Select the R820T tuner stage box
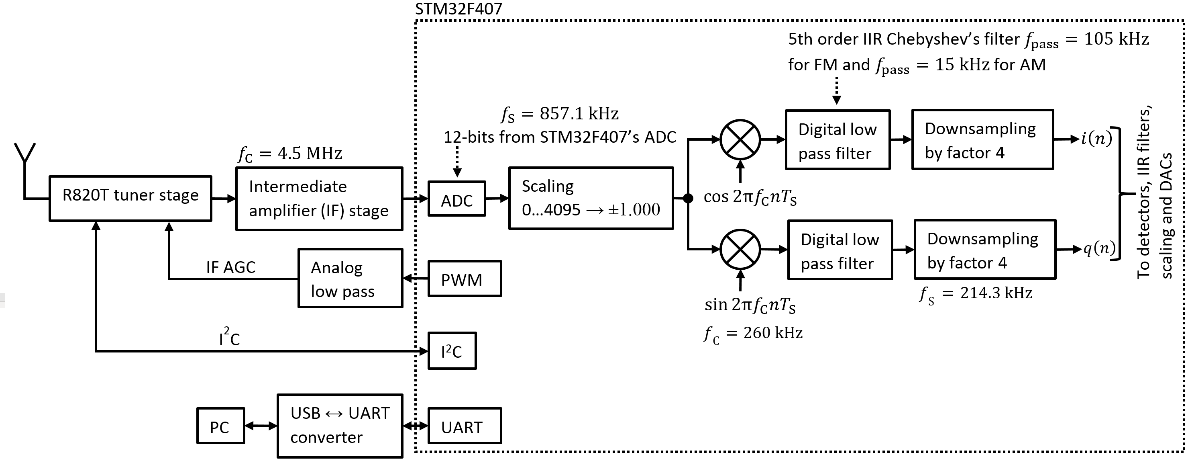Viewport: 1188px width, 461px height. (x=130, y=199)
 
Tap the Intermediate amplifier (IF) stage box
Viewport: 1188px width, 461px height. (x=319, y=199)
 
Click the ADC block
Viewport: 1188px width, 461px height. (x=456, y=199)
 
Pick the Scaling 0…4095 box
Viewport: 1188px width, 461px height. (x=591, y=198)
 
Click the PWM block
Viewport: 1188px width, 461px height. (x=465, y=278)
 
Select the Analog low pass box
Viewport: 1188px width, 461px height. (x=350, y=278)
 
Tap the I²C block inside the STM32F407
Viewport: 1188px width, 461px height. (x=452, y=351)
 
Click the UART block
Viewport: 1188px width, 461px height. (x=465, y=426)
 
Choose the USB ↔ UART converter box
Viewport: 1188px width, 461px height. (x=340, y=426)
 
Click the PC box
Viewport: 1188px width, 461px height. (x=220, y=426)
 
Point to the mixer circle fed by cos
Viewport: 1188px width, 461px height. (x=740, y=139)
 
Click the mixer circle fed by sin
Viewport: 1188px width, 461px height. (x=740, y=249)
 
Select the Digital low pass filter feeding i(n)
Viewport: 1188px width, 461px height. (x=838, y=140)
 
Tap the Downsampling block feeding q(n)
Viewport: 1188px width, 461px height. (x=985, y=250)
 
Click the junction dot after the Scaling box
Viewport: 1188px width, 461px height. (x=688, y=199)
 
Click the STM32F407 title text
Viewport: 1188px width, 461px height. (x=458, y=8)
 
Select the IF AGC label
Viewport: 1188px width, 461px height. (x=230, y=267)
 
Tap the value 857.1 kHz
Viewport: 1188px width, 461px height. (x=579, y=113)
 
